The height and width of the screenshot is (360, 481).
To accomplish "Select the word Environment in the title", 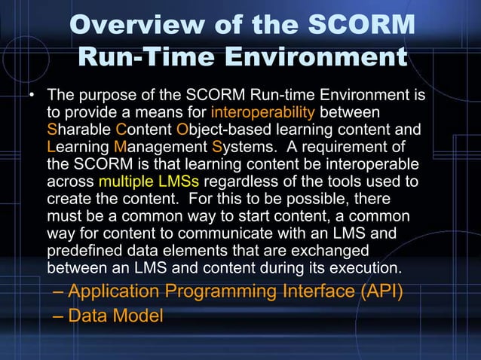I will (x=311, y=57).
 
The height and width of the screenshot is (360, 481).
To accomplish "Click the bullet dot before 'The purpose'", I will (x=32, y=97).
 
